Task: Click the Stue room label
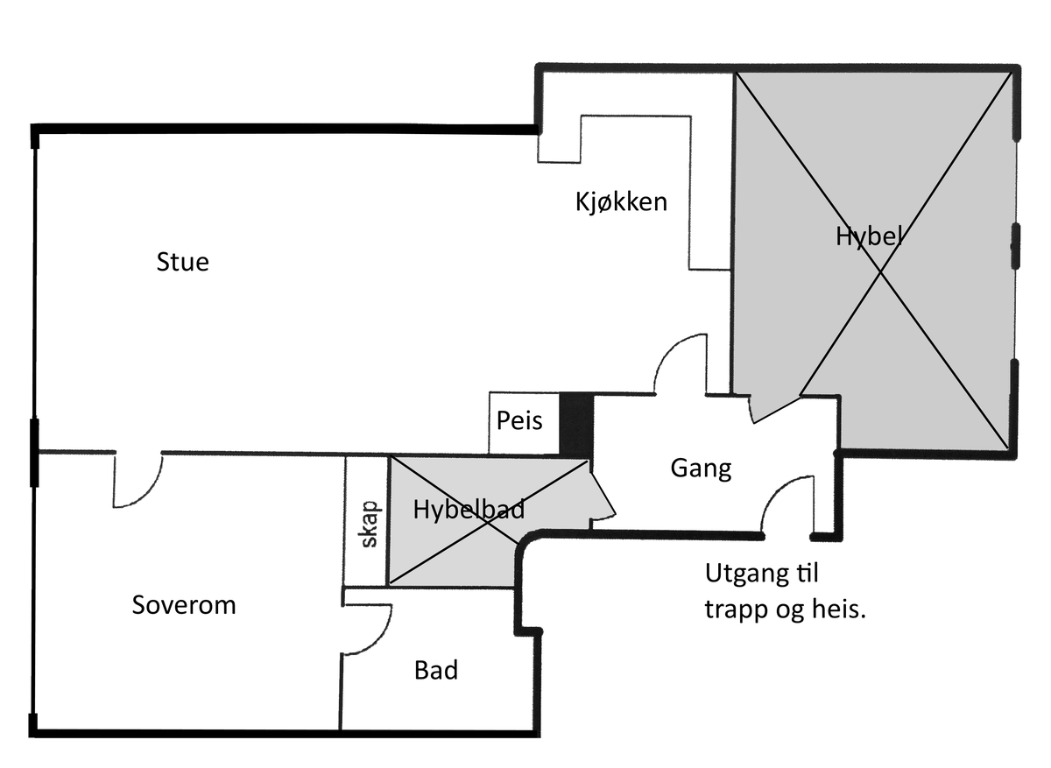182,262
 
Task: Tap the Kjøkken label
621,202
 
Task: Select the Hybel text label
869,236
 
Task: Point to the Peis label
519,420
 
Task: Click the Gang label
701,469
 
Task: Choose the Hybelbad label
469,510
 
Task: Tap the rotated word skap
370,524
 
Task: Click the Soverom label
184,605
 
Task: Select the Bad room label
436,670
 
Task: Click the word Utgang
744,574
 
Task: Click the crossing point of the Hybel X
880,271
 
